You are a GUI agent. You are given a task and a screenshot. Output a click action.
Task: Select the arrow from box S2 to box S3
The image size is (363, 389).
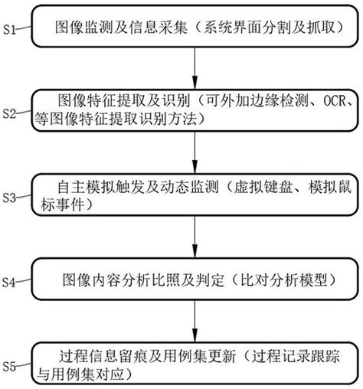(198, 152)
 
